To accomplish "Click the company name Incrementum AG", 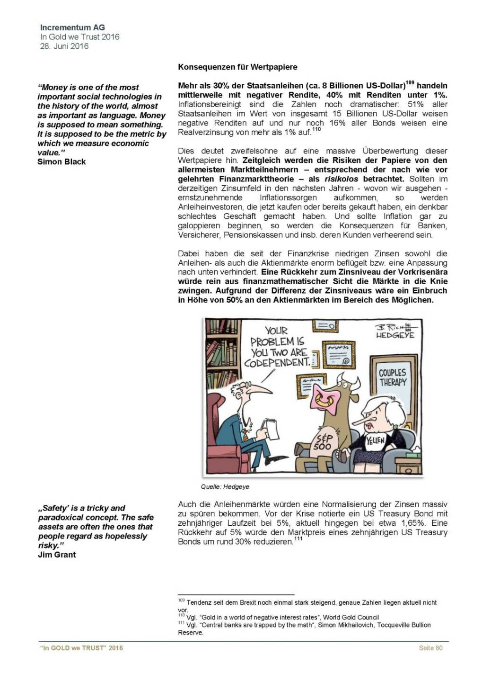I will point(72,27).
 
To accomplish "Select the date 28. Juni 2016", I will point(64,46).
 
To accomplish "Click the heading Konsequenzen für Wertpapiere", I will point(237,67).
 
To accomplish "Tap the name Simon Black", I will point(61,162).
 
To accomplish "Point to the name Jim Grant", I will point(57,555).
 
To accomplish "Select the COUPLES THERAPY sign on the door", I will point(392,377).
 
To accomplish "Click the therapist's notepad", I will point(272,429).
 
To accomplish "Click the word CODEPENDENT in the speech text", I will point(277,363).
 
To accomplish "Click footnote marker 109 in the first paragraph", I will point(410,83).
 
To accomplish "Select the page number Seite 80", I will point(430,648).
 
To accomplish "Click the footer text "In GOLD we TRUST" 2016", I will point(81,648).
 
